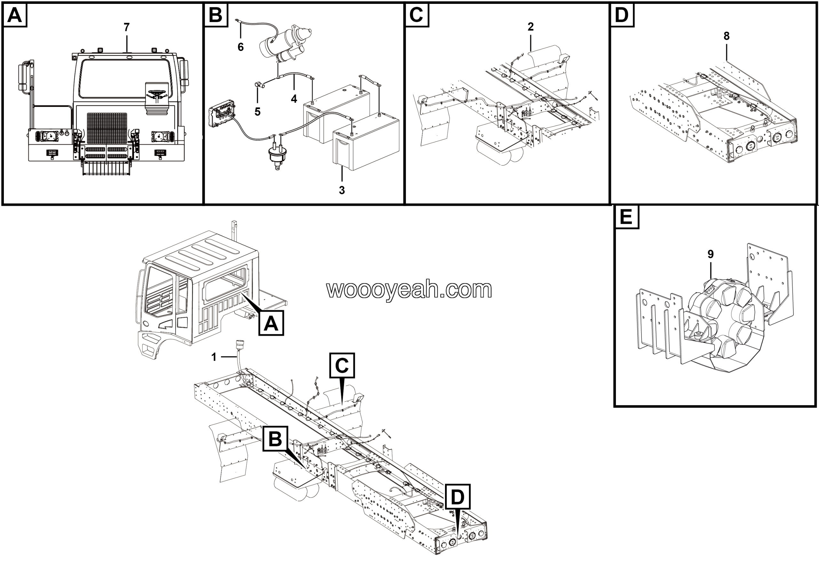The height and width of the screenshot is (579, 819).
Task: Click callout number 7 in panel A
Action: click(126, 27)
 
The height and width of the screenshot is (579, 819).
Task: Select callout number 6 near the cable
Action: click(241, 47)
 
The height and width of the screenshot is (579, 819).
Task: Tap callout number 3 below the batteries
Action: click(342, 190)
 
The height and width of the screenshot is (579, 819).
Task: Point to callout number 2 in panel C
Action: click(530, 27)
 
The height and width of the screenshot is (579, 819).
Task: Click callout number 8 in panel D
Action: click(727, 36)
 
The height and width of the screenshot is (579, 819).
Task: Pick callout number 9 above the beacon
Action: click(711, 254)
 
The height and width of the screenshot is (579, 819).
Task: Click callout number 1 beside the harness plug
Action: click(214, 357)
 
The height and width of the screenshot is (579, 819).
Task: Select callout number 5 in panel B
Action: click(258, 112)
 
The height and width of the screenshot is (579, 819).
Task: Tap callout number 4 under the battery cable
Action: click(294, 99)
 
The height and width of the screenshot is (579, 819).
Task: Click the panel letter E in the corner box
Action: click(626, 217)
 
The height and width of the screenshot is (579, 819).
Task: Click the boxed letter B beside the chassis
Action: click(275, 439)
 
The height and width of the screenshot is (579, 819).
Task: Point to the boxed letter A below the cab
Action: click(271, 323)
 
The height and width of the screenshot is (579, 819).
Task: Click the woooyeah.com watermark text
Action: click(409, 289)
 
